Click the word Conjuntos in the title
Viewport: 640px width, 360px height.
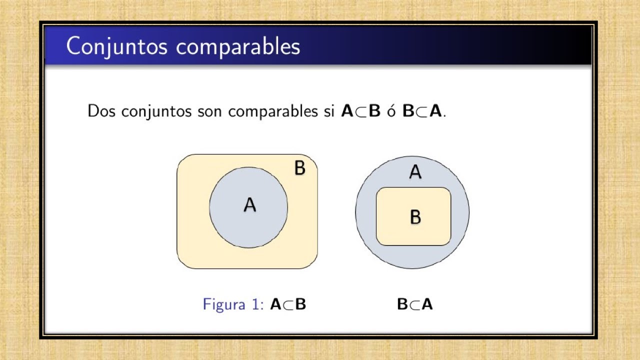pos(116,46)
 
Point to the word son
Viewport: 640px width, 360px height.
pos(209,111)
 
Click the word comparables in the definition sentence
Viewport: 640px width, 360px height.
pos(273,111)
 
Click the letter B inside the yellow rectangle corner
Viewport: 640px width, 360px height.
pos(299,168)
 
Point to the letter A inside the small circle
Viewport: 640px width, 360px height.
pos(249,205)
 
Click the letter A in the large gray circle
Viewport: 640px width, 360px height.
pos(415,172)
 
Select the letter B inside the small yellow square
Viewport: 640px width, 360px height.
pos(415,217)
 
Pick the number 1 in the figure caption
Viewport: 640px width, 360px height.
pos(255,304)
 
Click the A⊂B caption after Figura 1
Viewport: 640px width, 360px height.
pos(288,304)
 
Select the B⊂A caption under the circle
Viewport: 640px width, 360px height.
pos(414,304)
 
